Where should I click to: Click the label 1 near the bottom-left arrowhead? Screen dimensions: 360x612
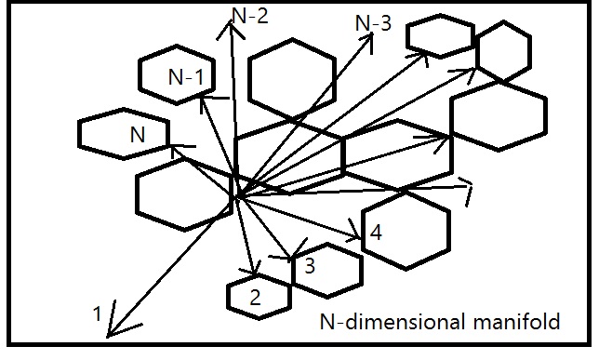tap(98, 313)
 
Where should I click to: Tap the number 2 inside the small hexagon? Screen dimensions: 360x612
tap(257, 298)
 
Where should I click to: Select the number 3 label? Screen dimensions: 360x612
tap(310, 266)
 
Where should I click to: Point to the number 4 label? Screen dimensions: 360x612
tap(374, 233)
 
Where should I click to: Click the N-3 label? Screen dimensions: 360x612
tap(374, 21)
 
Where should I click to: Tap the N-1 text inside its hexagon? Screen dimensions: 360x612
tap(187, 77)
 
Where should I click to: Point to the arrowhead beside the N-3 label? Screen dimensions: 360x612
tap(371, 36)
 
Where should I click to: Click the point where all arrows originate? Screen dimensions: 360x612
tap(238, 195)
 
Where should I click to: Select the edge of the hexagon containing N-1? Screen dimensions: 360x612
tap(140, 77)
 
